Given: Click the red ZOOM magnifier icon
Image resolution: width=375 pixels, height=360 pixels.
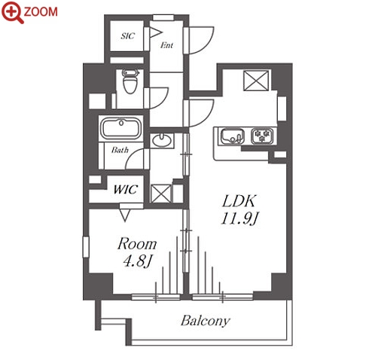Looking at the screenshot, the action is pos(13,12).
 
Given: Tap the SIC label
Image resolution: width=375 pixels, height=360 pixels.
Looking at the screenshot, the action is pos(128,36).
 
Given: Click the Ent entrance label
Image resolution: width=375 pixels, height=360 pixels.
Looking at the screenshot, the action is pos(166,45).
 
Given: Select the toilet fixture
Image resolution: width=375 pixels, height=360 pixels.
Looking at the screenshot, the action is pos(130,81).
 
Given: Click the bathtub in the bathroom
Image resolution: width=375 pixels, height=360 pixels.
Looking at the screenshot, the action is pos(120,128).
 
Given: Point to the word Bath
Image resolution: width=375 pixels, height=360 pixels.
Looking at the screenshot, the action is pos(120,150).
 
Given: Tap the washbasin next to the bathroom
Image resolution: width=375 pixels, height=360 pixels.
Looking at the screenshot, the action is pos(162,140).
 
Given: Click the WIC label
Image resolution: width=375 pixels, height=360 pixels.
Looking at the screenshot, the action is pos(126,189).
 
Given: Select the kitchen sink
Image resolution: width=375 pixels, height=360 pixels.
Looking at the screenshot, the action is pos(233,136).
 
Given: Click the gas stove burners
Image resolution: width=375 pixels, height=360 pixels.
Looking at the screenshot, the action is pos(263,136).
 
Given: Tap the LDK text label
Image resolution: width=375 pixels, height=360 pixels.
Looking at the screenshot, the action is pos(239,201).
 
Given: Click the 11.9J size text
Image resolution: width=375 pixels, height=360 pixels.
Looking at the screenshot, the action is pos(239,218).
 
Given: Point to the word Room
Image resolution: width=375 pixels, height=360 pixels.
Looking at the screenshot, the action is pos(137,244).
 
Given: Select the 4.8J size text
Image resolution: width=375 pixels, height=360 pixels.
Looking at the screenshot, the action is pos(138,261).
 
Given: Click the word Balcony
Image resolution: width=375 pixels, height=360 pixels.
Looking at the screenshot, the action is pos(206,321).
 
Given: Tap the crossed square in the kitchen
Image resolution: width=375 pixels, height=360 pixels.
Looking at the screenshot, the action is pos(256,81).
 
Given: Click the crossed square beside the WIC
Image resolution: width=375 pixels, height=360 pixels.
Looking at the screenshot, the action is pos(161,194).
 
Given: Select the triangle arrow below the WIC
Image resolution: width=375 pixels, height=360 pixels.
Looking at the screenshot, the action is pos(125,215).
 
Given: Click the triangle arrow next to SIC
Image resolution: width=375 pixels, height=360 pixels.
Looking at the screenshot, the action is pos(156,32).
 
